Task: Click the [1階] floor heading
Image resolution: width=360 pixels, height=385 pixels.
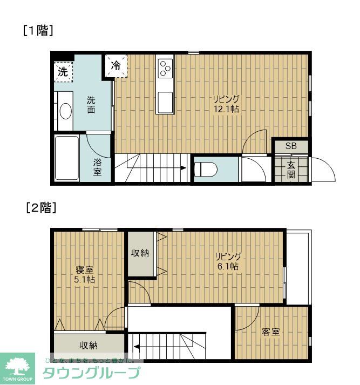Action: tap(37, 31)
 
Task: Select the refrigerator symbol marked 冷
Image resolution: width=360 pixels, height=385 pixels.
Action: tap(116, 65)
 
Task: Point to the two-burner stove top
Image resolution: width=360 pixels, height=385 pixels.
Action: tap(165, 69)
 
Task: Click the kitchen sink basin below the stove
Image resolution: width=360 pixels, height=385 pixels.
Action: tap(165, 100)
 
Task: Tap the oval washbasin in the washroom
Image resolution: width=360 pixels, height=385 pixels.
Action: tap(65, 111)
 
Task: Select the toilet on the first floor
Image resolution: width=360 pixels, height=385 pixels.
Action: tap(206, 169)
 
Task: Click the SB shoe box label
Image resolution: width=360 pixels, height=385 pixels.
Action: tap(291, 146)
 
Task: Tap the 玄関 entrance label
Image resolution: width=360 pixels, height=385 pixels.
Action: tap(291, 170)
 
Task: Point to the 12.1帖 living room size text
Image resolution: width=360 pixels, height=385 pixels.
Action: tap(226, 109)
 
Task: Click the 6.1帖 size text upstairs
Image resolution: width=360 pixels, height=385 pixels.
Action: tap(227, 266)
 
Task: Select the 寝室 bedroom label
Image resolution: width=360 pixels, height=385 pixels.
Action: tap(84, 269)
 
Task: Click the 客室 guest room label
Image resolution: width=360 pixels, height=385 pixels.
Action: tap(271, 332)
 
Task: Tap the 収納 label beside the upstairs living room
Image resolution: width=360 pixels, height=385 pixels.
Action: tap(141, 253)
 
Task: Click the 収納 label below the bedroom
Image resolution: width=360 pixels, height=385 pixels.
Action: tap(89, 346)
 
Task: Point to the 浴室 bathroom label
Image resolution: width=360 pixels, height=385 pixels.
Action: tap(97, 167)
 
